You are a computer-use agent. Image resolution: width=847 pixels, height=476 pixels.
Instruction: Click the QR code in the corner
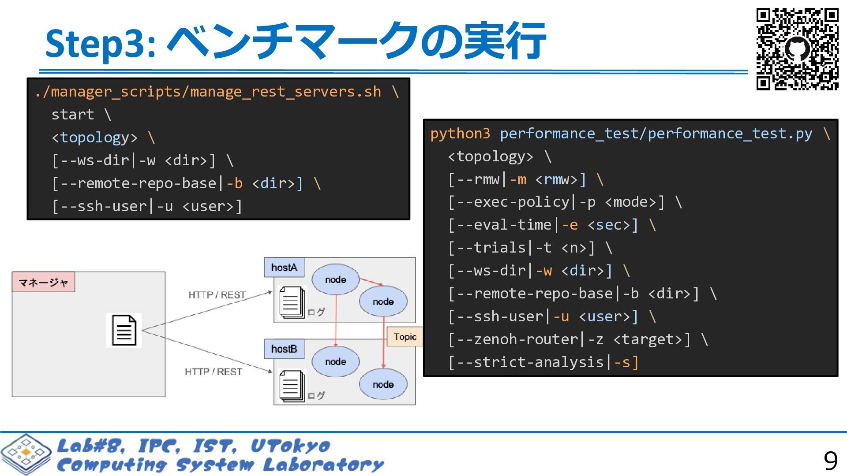[797, 49]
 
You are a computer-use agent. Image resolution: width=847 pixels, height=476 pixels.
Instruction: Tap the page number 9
[830, 461]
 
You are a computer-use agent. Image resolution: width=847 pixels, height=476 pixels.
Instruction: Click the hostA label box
[284, 268]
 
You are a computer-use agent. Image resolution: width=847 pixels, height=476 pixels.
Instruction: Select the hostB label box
[284, 349]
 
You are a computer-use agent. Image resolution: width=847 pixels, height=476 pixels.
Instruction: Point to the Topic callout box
[405, 337]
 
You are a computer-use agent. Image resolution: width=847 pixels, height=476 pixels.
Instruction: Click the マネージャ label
[43, 282]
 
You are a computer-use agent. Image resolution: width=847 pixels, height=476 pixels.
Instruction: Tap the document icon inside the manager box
[124, 331]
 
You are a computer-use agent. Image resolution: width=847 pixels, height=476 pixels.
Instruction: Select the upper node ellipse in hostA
[336, 279]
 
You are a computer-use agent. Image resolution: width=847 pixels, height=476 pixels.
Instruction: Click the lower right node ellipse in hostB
[383, 384]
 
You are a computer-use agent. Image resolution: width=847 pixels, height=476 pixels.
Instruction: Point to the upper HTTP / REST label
[217, 295]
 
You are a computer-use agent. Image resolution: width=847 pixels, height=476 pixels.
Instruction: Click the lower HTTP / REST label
[214, 372]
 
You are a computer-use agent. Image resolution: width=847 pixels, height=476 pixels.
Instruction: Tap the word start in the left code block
[73, 115]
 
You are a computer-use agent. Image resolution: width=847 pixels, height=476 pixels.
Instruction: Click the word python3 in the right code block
[460, 134]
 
